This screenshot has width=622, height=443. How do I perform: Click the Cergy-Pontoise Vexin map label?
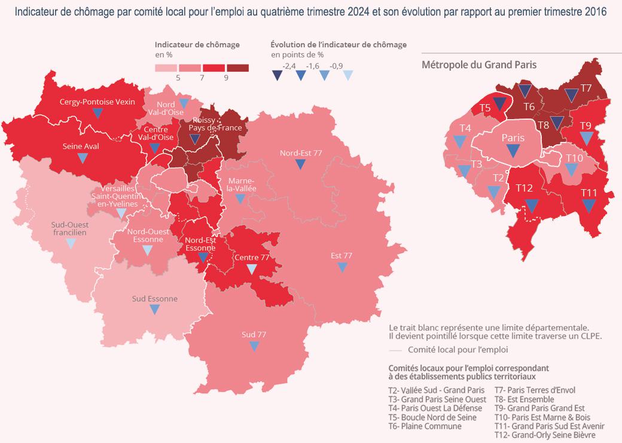[97, 102]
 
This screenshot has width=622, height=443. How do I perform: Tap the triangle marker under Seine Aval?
[83, 158]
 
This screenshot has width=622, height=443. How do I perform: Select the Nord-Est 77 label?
[301, 153]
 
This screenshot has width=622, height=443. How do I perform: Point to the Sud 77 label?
[254, 333]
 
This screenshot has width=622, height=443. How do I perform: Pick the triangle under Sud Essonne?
[155, 310]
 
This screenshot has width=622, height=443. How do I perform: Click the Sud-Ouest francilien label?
[69, 227]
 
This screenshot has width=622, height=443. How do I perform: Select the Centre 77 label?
[251, 257]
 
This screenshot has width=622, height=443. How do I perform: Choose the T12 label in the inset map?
[524, 188]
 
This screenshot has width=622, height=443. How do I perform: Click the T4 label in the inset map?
[466, 128]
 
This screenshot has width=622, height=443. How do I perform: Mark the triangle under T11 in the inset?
[589, 205]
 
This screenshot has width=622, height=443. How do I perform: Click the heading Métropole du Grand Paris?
[479, 64]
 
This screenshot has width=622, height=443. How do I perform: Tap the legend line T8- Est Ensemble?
[524, 399]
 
